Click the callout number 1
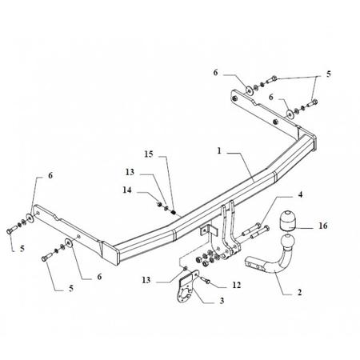point(219,151)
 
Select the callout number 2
point(299,292)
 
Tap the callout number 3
point(222,301)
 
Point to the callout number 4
point(300,194)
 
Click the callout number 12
point(237,285)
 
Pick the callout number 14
point(127,190)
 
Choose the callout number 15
point(149,154)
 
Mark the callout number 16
point(323,226)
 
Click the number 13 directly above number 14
point(130,172)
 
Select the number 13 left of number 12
point(146,280)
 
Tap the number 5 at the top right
point(329,74)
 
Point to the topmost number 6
point(215,72)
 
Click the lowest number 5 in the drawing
point(71,288)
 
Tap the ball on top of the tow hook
point(287,242)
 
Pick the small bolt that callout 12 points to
point(205,280)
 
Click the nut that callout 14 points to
point(159,204)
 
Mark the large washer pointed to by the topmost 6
point(250,91)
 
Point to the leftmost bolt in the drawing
point(11,230)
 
